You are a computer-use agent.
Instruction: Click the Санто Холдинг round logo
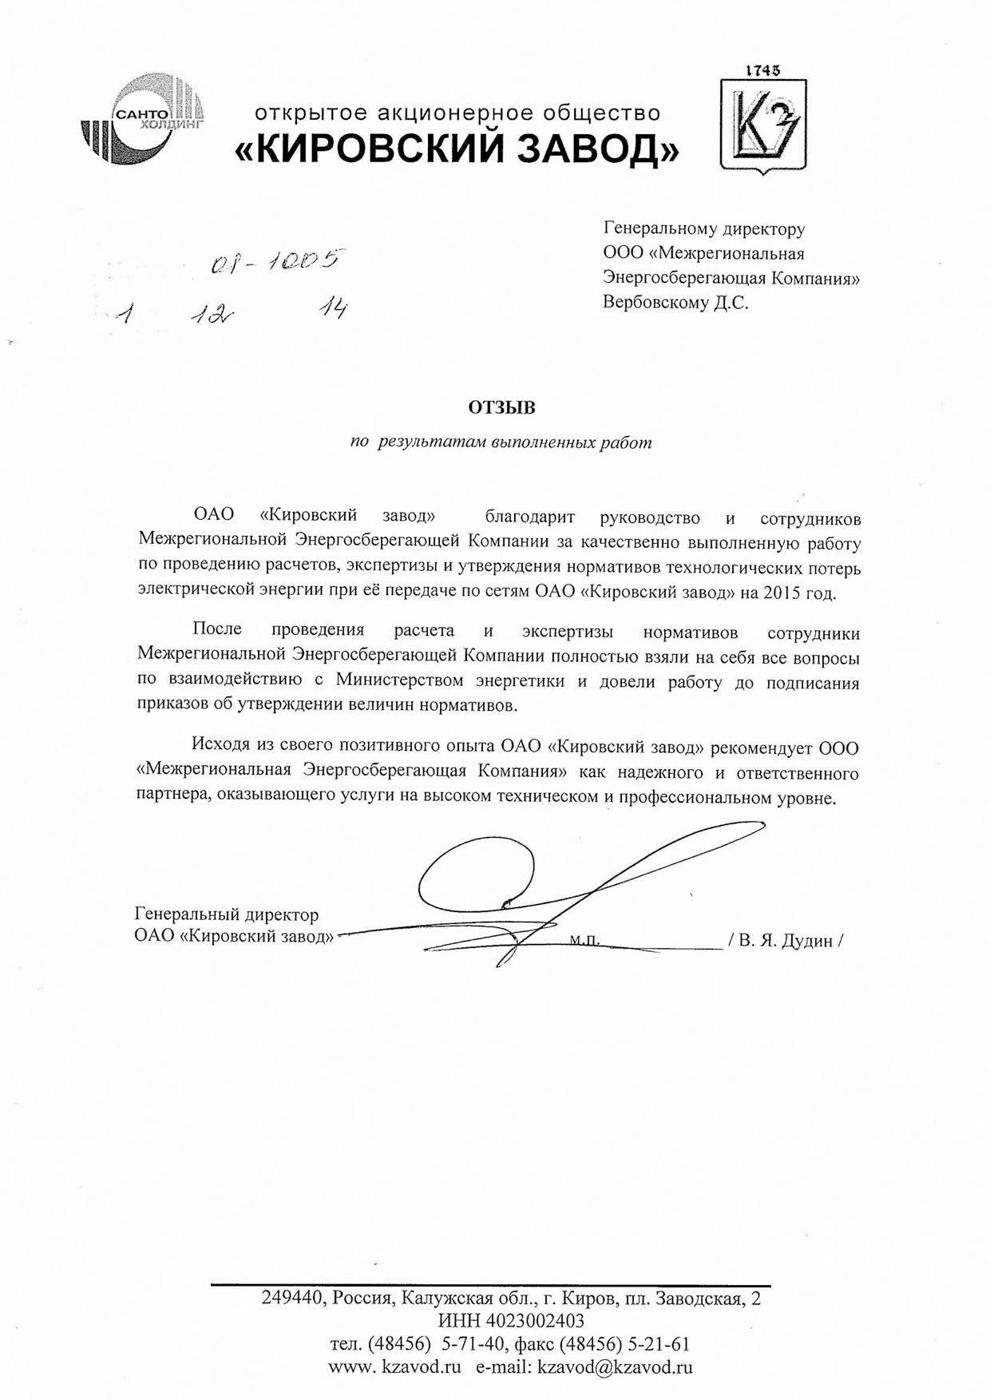[x=143, y=117]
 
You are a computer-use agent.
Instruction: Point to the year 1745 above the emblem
[x=763, y=70]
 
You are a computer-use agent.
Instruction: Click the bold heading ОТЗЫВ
[x=501, y=408]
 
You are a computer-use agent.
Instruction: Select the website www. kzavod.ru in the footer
[x=395, y=1366]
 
